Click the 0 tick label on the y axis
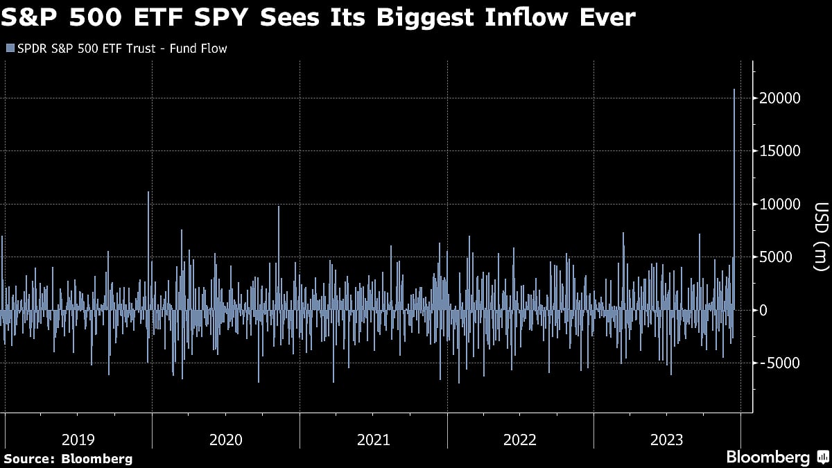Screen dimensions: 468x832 coord(763,310)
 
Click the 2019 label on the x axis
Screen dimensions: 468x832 coord(78,440)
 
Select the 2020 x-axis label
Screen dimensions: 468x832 coord(225,440)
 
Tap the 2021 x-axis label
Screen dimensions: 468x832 coord(373,440)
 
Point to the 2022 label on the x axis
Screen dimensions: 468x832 coord(520,440)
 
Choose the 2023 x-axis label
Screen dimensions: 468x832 coord(667,440)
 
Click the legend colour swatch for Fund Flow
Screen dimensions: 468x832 coord(9,49)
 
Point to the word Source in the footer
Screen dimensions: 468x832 coord(27,458)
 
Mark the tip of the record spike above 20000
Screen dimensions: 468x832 coord(734,89)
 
